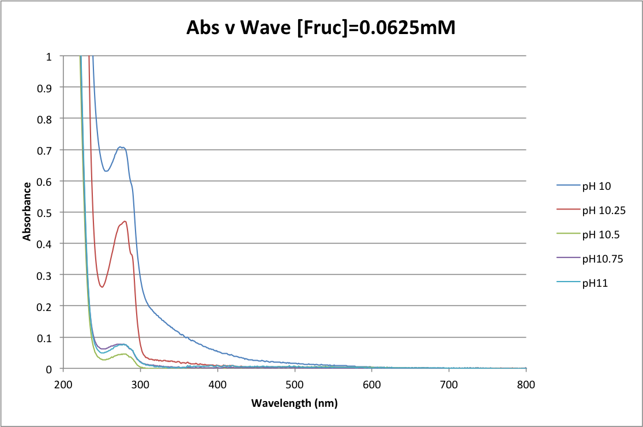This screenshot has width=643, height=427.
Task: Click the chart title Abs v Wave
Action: pyautogui.click(x=321, y=27)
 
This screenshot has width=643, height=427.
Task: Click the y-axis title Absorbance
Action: pyautogui.click(x=27, y=212)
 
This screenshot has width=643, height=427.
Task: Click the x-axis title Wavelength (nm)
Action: pyautogui.click(x=294, y=403)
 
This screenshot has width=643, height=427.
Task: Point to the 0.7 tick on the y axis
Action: pyautogui.click(x=50, y=150)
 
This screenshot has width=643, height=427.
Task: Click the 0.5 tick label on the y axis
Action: pyautogui.click(x=50, y=212)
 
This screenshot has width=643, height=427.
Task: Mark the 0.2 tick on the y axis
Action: pyautogui.click(x=50, y=306)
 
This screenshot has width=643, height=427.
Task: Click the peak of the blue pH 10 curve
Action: pyautogui.click(x=121, y=147)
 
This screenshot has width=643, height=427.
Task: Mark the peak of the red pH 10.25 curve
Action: pyautogui.click(x=125, y=221)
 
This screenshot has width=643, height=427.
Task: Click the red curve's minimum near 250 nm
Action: pyautogui.click(x=102, y=287)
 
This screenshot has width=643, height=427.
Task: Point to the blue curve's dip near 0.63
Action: pyautogui.click(x=106, y=171)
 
